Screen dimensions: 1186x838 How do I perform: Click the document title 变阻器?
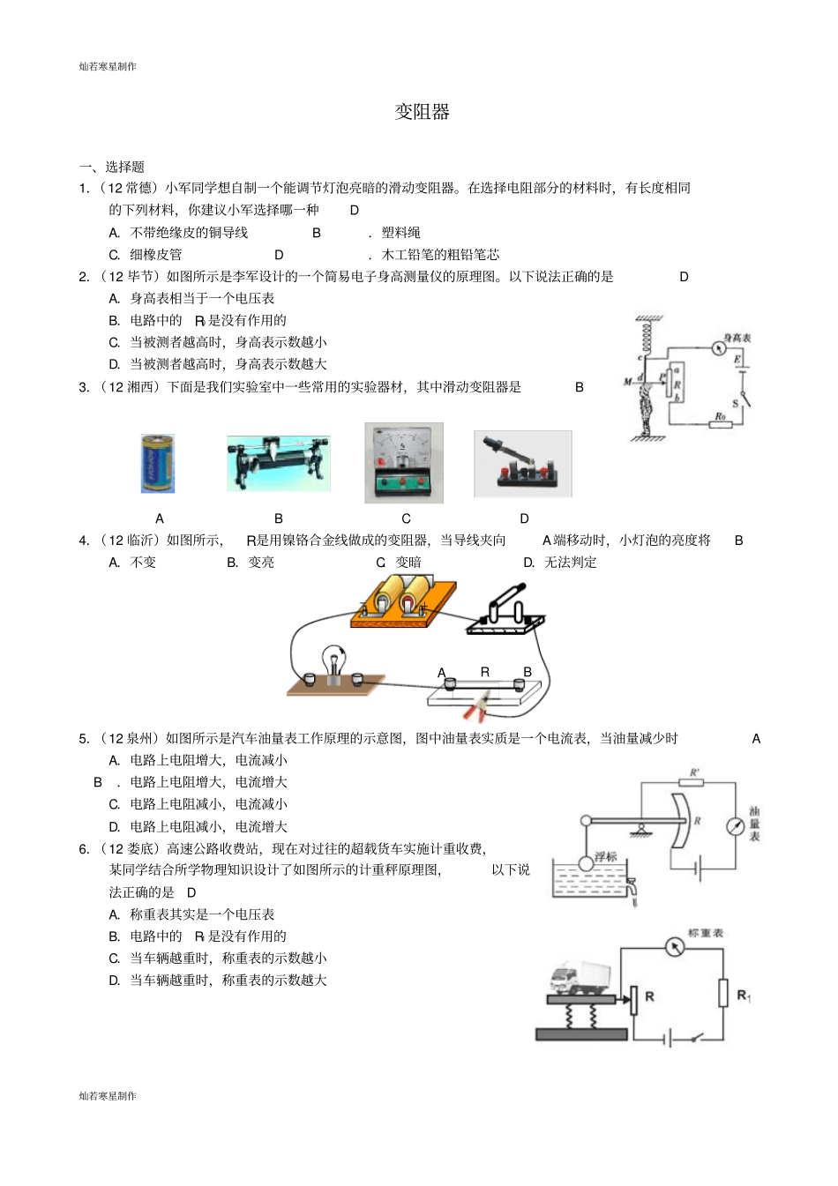tap(422, 112)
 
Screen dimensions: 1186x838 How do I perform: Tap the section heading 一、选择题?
tap(112, 167)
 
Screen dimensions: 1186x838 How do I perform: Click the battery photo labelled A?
tap(158, 463)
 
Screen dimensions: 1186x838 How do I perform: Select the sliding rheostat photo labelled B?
tap(278, 463)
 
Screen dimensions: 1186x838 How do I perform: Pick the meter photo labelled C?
tap(404, 463)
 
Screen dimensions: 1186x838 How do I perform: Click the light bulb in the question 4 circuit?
tap(334, 660)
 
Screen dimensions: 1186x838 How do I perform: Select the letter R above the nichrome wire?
tap(484, 672)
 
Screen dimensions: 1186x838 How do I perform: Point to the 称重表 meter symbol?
tap(675, 948)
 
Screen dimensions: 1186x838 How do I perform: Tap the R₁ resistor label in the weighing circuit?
tap(744, 996)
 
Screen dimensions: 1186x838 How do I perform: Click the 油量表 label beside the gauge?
tap(754, 824)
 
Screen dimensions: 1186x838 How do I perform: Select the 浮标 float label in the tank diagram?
tap(605, 856)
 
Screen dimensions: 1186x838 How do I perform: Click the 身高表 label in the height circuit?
tap(737, 338)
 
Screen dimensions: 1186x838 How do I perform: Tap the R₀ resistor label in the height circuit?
tap(720, 415)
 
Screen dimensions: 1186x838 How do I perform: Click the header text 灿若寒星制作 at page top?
tap(108, 66)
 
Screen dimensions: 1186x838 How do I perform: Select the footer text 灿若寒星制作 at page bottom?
tap(108, 1095)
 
